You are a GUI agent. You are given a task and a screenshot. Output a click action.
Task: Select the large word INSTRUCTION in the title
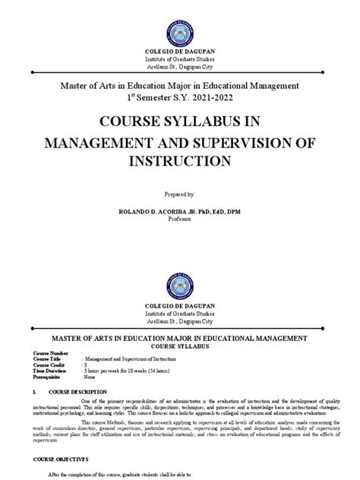pos(180,162)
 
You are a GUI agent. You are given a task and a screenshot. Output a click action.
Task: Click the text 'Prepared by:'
pos(179,195)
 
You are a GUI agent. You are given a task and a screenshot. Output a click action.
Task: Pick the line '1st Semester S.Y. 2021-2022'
pos(180,98)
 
